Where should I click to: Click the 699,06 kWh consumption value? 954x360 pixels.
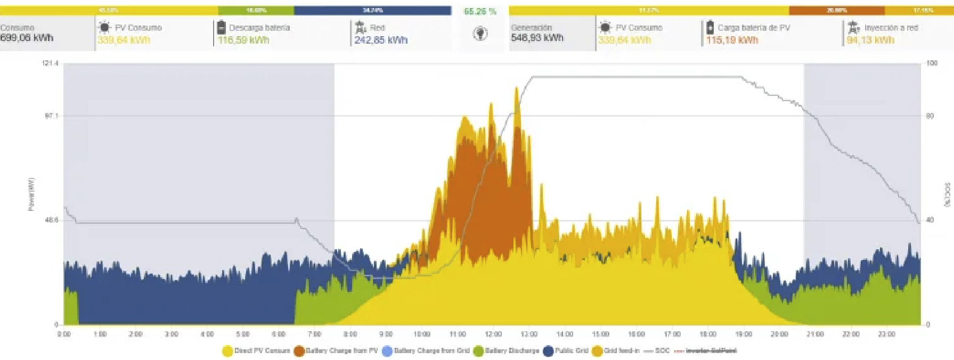(x=27, y=38)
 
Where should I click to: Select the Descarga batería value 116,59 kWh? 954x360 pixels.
(x=243, y=40)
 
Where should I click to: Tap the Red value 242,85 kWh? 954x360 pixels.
(x=381, y=40)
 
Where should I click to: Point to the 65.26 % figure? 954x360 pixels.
(x=480, y=11)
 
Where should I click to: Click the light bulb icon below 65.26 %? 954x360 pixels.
(x=480, y=34)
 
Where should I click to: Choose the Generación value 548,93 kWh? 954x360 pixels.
(x=537, y=38)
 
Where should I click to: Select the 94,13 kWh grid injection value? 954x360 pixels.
(x=870, y=40)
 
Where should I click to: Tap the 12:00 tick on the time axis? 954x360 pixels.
(x=493, y=334)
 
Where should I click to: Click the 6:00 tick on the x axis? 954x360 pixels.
(x=279, y=334)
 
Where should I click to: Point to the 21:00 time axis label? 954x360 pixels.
(x=815, y=334)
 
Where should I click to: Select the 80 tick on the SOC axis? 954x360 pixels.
(x=930, y=116)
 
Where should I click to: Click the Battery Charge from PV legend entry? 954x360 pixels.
(x=336, y=351)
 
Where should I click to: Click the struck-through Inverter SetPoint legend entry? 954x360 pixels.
(x=711, y=351)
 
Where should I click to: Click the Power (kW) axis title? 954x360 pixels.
(x=31, y=194)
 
